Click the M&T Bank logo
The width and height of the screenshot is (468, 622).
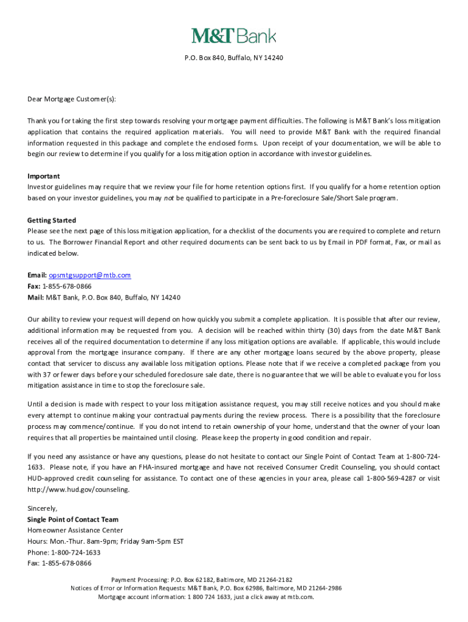[234, 36]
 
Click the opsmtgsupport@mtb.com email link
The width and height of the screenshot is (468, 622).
[90, 275]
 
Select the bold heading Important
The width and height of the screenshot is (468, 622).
[43, 176]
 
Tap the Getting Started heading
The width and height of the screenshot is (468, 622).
[52, 220]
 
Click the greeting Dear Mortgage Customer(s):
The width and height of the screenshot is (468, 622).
[71, 99]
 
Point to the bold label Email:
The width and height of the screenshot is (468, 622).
[36, 275]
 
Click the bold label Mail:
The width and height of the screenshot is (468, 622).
[35, 298]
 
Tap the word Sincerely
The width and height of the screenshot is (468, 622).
[42, 508]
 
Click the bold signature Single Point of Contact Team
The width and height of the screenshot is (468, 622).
[73, 519]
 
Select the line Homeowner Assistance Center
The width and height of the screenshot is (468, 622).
[75, 530]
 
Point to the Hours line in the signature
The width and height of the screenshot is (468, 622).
[105, 541]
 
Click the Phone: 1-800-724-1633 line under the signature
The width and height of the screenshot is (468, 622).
[64, 552]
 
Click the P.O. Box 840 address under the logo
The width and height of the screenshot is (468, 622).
[234, 58]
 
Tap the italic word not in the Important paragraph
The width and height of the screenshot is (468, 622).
[170, 198]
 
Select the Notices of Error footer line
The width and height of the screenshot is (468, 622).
[206, 588]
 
